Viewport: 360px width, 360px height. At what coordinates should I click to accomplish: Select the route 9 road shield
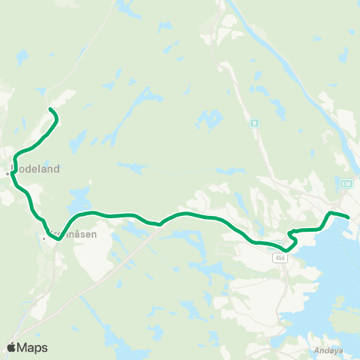(255, 122)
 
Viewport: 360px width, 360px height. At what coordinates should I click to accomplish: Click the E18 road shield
(346, 183)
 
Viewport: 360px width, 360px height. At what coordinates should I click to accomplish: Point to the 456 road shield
(280, 257)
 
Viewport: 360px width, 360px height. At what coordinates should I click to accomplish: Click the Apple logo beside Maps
(12, 347)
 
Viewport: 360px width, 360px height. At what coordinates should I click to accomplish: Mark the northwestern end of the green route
(51, 110)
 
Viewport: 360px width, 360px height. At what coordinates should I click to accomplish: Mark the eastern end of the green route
(349, 217)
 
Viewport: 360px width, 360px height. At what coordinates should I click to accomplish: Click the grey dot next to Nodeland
(7, 173)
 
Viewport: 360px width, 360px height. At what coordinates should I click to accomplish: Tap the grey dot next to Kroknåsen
(45, 238)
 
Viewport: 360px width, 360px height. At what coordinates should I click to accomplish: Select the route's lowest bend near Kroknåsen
(58, 239)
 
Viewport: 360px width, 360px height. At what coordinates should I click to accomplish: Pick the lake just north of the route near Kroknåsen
(77, 198)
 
